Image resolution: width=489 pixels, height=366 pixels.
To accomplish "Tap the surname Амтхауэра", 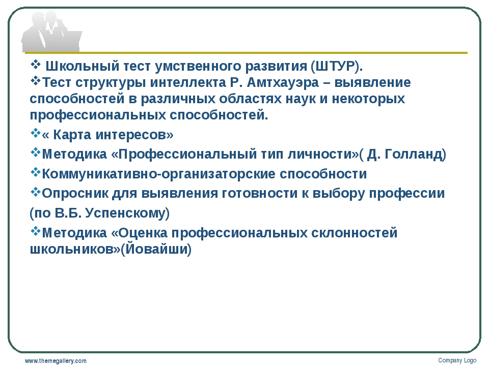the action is [283, 82].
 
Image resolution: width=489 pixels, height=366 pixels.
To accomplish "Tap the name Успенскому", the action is [125, 213].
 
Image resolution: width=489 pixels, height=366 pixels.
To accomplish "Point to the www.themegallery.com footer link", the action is [56, 361].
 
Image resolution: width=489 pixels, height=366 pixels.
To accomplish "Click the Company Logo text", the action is [457, 360].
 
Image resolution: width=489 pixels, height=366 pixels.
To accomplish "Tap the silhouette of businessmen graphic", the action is [51, 31].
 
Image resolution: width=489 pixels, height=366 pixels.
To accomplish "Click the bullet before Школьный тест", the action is [36, 65].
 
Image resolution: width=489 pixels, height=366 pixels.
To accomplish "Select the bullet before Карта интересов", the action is [36, 133].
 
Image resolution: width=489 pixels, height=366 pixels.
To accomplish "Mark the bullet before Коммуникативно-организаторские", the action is [36, 172].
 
